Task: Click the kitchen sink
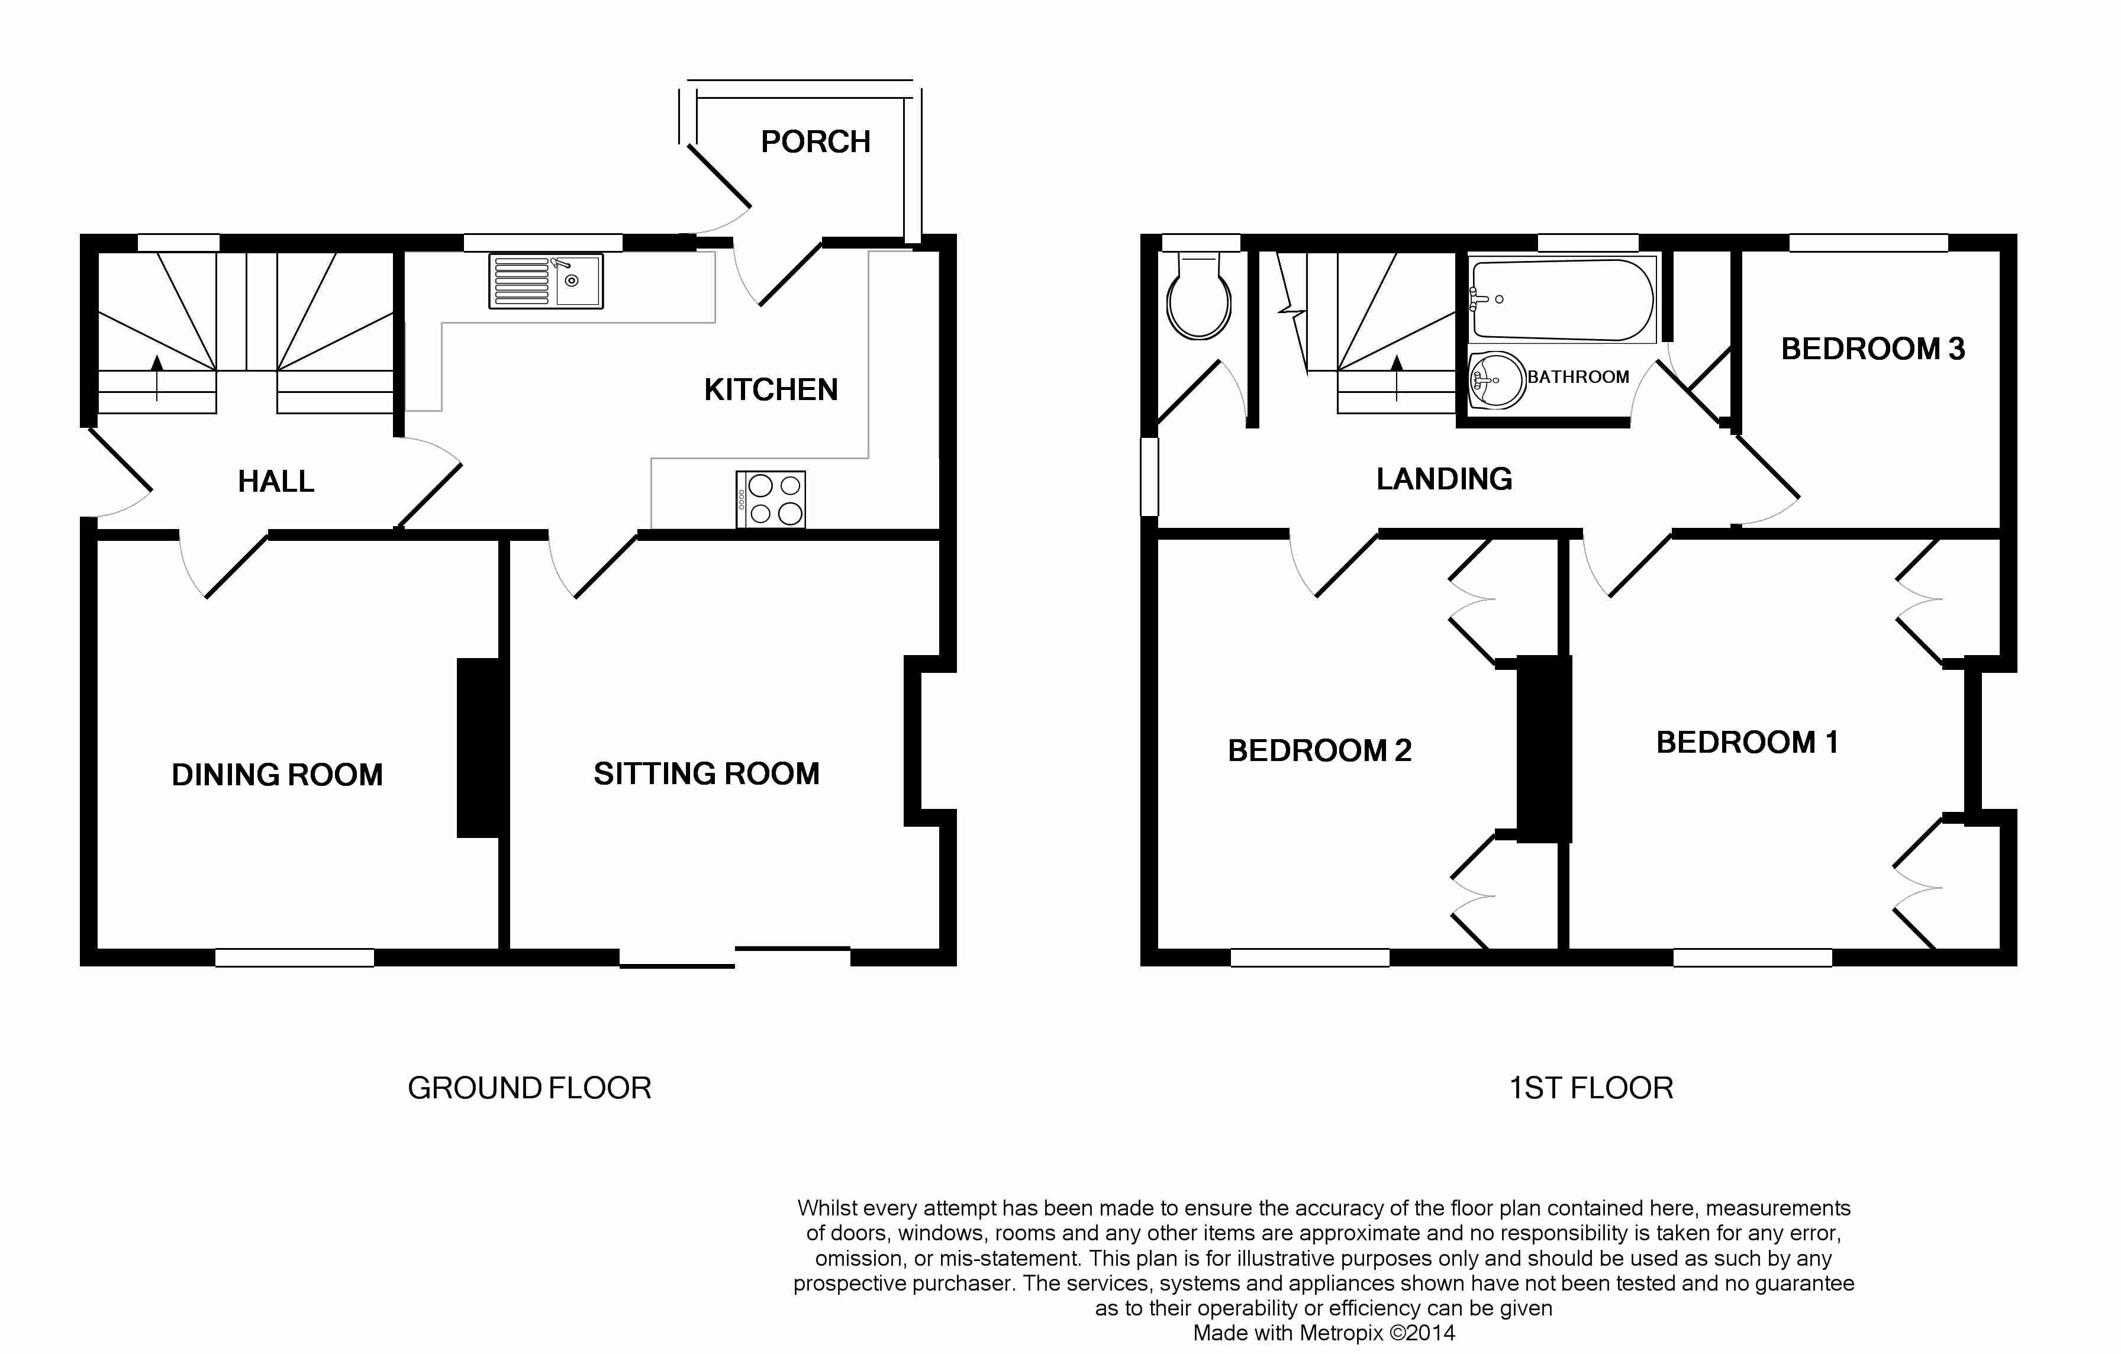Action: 546,281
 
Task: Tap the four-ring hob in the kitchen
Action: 771,499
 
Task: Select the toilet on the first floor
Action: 1199,296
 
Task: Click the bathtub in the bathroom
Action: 1562,299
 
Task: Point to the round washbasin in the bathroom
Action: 1497,380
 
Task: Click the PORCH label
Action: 815,142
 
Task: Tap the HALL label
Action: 276,481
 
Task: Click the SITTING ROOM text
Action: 707,773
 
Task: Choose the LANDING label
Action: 1445,478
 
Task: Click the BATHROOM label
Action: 1578,377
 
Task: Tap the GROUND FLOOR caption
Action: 530,1088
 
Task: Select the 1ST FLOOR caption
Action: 1591,1088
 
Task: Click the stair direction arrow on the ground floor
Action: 157,378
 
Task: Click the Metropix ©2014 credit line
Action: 1324,1333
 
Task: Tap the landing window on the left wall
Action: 1149,476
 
